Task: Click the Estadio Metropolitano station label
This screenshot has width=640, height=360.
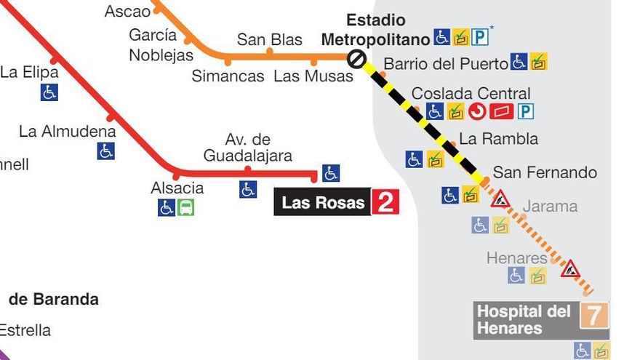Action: click(x=375, y=30)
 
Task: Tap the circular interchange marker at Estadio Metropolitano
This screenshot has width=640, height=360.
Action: click(x=356, y=59)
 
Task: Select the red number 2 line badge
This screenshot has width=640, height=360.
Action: click(x=385, y=202)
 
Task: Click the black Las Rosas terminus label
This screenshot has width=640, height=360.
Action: click(x=323, y=203)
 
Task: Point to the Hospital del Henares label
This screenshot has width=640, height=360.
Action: click(x=524, y=320)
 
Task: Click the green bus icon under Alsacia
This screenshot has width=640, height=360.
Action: click(x=186, y=208)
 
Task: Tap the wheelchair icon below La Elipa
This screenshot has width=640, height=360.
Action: click(x=49, y=92)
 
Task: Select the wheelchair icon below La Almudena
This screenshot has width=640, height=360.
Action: click(x=106, y=151)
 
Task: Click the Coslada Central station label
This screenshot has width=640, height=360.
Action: click(x=471, y=94)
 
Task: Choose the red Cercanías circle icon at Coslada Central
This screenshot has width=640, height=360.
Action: click(x=477, y=112)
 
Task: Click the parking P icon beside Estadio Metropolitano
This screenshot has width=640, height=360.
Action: click(x=480, y=36)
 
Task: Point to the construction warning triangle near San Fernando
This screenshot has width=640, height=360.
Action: click(x=500, y=199)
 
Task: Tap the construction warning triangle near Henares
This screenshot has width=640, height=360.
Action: click(x=570, y=269)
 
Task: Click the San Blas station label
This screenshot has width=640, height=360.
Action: click(x=269, y=40)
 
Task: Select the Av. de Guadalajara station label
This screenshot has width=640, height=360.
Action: click(x=248, y=148)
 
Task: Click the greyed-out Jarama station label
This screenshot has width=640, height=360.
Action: click(x=550, y=207)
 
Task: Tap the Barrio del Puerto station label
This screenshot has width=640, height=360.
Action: click(x=445, y=64)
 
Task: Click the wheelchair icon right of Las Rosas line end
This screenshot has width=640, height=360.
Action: click(x=331, y=173)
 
